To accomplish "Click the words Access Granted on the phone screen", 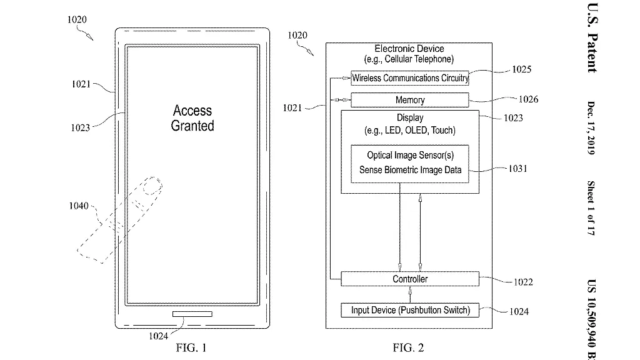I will click(192, 118).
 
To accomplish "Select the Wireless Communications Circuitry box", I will click(409, 78).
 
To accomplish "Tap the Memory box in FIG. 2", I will click(409, 100).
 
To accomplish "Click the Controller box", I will click(409, 279).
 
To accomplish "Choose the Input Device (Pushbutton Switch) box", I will click(409, 310).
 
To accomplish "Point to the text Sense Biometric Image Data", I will click(409, 169).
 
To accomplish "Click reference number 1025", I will click(521, 69).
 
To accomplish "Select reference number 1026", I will click(528, 99).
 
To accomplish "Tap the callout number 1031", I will click(517, 168).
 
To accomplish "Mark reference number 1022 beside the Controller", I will click(523, 282).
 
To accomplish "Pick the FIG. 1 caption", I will click(191, 348).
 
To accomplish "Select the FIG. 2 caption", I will click(409, 348).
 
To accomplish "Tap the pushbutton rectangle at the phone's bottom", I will click(192, 314).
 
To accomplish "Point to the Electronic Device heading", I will click(409, 49).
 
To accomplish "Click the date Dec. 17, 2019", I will click(591, 129).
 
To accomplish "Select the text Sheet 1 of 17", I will click(591, 207).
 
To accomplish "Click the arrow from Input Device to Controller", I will click(409, 294).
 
